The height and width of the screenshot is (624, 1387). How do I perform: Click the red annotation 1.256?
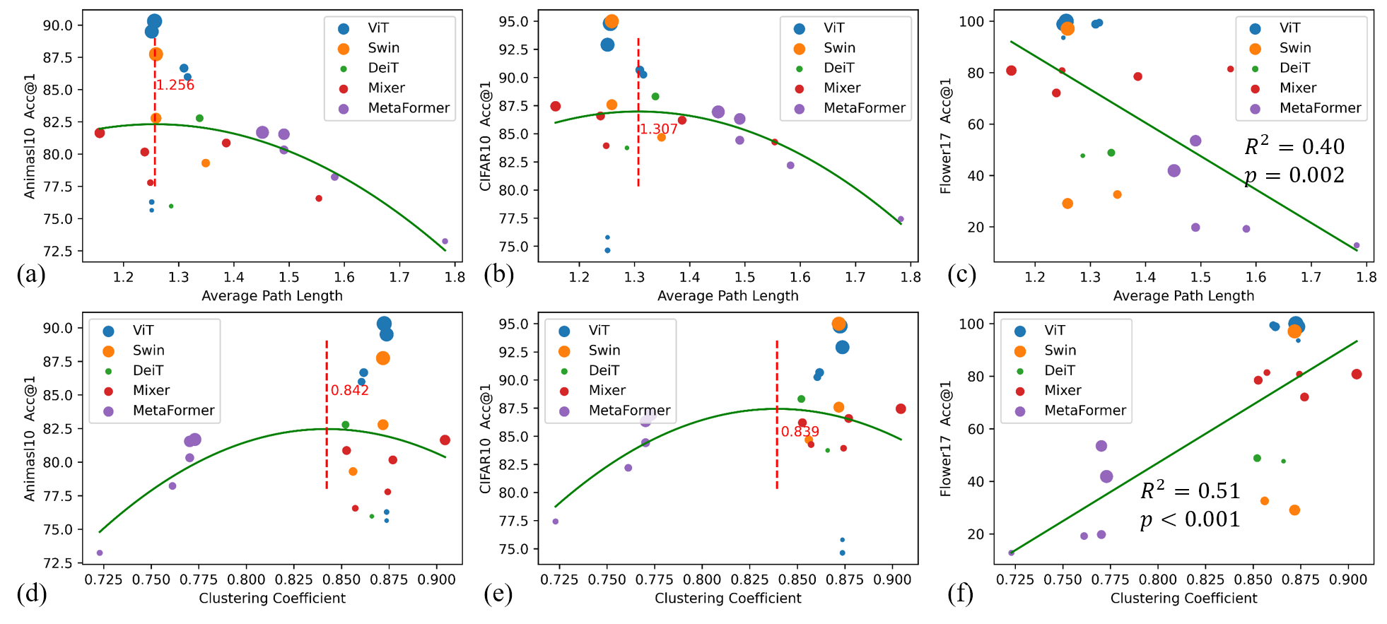click(x=175, y=86)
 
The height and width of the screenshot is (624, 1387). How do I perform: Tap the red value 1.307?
click(x=659, y=129)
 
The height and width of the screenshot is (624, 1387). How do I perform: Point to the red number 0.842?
click(x=350, y=391)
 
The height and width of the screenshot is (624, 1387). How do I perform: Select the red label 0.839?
click(x=800, y=432)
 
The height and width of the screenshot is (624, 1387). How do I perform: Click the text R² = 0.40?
click(x=1294, y=146)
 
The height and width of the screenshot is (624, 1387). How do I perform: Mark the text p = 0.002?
click(x=1294, y=175)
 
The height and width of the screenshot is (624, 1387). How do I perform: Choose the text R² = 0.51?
click(x=1190, y=490)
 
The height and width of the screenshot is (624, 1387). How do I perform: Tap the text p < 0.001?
click(x=1190, y=519)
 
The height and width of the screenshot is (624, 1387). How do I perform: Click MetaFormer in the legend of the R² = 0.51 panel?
click(x=1085, y=411)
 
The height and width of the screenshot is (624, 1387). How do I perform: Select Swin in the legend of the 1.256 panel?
click(x=384, y=48)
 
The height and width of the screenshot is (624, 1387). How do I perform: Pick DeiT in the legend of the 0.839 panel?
click(x=604, y=370)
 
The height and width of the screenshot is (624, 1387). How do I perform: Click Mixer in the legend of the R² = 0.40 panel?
click(x=1298, y=88)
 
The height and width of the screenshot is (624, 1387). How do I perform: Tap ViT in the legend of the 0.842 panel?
click(x=143, y=330)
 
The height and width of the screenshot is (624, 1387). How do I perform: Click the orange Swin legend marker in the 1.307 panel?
click(x=800, y=49)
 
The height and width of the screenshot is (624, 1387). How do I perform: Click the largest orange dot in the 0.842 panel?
click(x=383, y=358)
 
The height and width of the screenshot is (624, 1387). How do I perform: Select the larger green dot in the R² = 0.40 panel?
click(x=1111, y=153)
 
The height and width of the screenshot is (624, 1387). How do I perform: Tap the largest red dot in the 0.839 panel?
click(x=901, y=409)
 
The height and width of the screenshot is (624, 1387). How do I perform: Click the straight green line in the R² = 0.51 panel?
click(x=1184, y=447)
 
